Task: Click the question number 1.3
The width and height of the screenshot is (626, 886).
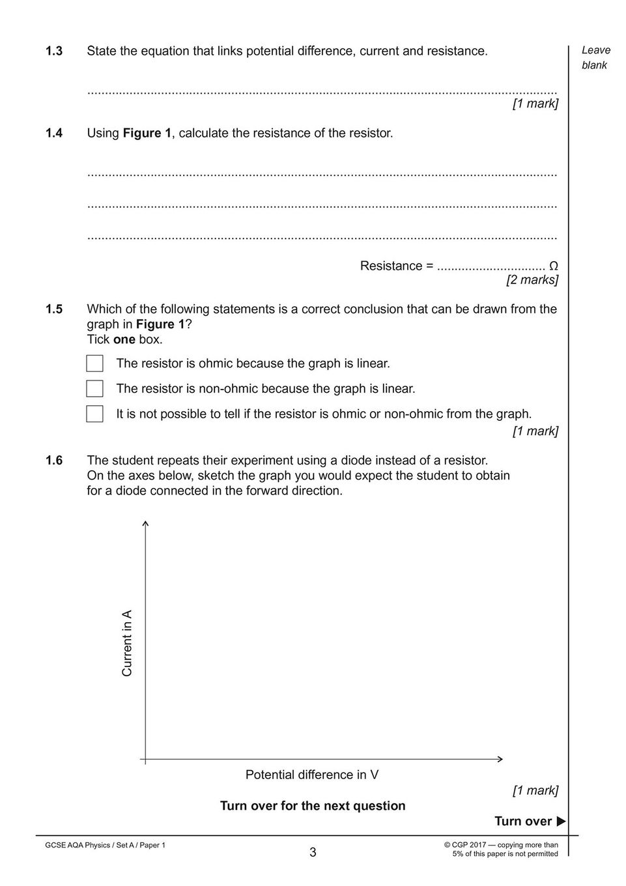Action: [54, 51]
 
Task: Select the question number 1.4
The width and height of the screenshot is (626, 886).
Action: [54, 134]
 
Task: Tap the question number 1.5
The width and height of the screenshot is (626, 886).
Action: [54, 309]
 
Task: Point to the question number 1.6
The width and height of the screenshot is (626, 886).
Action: [54, 461]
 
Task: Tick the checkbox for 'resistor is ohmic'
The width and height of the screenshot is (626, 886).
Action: [94, 364]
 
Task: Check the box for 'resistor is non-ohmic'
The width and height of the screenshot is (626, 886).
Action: [94, 389]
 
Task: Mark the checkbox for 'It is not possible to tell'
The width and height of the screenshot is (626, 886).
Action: [94, 414]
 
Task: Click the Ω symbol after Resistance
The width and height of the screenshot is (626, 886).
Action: [553, 266]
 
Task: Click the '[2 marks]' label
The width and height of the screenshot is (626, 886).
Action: [532, 280]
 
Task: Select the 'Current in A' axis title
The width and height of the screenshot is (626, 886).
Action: [127, 643]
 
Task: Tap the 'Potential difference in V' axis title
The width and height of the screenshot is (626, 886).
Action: [312, 775]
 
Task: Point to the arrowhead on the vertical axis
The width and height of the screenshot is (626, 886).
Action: [145, 523]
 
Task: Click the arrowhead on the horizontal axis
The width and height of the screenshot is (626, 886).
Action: [500, 759]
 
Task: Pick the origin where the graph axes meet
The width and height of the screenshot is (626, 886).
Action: [145, 759]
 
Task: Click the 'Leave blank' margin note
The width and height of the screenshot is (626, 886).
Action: [595, 57]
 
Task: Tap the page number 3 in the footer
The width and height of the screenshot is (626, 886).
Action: [313, 852]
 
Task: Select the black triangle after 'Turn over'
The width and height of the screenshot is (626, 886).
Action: [561, 822]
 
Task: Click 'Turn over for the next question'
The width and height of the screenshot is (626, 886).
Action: [313, 806]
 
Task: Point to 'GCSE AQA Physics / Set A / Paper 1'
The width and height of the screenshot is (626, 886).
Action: [106, 846]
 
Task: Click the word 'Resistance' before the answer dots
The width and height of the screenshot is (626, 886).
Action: [391, 266]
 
